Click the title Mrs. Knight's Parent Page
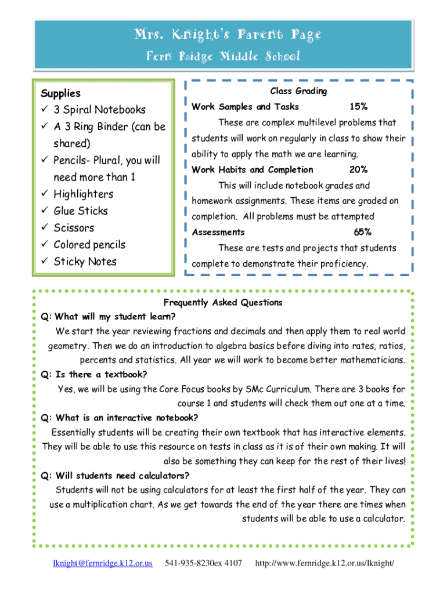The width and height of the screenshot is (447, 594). pos(223,35)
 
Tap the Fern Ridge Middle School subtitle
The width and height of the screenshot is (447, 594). pos(223,56)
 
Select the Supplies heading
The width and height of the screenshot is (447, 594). pos(60,93)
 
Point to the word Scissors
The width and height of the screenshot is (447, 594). pos(74,228)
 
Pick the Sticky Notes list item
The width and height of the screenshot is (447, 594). pos(85,262)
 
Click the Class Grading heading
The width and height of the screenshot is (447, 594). pos(298,91)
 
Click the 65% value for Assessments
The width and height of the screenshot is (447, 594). pos(363,232)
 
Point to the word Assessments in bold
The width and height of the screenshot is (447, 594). pos(218,232)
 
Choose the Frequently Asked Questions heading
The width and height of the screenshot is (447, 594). pos(223,302)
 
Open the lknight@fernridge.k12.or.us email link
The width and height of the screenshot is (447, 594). pos(103,563)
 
